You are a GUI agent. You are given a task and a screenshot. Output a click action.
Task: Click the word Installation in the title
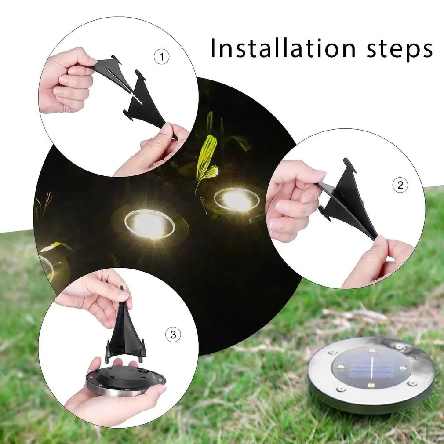[x=283, y=48]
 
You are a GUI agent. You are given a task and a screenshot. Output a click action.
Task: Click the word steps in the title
[x=400, y=49]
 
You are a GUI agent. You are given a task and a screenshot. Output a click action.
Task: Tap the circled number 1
[x=162, y=57]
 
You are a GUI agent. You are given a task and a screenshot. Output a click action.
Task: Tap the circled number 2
[x=400, y=185]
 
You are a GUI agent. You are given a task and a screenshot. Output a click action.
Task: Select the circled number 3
[x=173, y=335]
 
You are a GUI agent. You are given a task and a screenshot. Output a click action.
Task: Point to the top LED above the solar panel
[x=372, y=350]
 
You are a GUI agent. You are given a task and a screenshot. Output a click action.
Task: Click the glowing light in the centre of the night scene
[x=149, y=224]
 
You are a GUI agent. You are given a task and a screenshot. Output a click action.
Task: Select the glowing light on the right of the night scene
[x=237, y=200]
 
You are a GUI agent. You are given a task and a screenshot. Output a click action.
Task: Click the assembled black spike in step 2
[x=347, y=198]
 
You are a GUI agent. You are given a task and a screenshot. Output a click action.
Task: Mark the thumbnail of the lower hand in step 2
[x=378, y=241]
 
